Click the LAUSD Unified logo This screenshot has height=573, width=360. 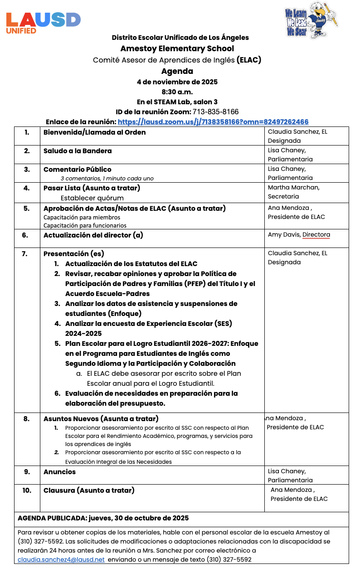(x=43, y=23)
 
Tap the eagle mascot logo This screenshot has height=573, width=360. (x=311, y=22)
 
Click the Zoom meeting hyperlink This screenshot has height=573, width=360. (x=213, y=121)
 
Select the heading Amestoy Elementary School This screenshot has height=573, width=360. (x=177, y=49)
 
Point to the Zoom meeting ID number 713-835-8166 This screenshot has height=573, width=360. (x=215, y=112)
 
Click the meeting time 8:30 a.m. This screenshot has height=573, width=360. (x=177, y=92)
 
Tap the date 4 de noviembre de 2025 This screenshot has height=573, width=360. (x=177, y=82)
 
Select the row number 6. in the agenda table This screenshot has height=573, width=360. (x=25, y=235)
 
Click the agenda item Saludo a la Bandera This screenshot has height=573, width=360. (x=78, y=151)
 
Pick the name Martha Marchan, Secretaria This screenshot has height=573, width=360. (x=293, y=192)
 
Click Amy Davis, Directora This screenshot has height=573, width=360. (x=299, y=234)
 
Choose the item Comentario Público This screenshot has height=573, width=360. (x=78, y=169)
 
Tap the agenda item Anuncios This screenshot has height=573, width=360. (x=59, y=471)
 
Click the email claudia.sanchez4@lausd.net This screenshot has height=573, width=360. (x=61, y=559)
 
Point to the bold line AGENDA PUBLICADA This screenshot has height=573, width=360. (x=103, y=518)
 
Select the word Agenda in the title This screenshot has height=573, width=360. (x=177, y=71)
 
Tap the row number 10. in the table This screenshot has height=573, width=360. (x=27, y=490)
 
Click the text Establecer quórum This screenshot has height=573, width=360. (x=92, y=198)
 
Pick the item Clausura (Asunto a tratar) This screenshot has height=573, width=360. (x=89, y=490)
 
